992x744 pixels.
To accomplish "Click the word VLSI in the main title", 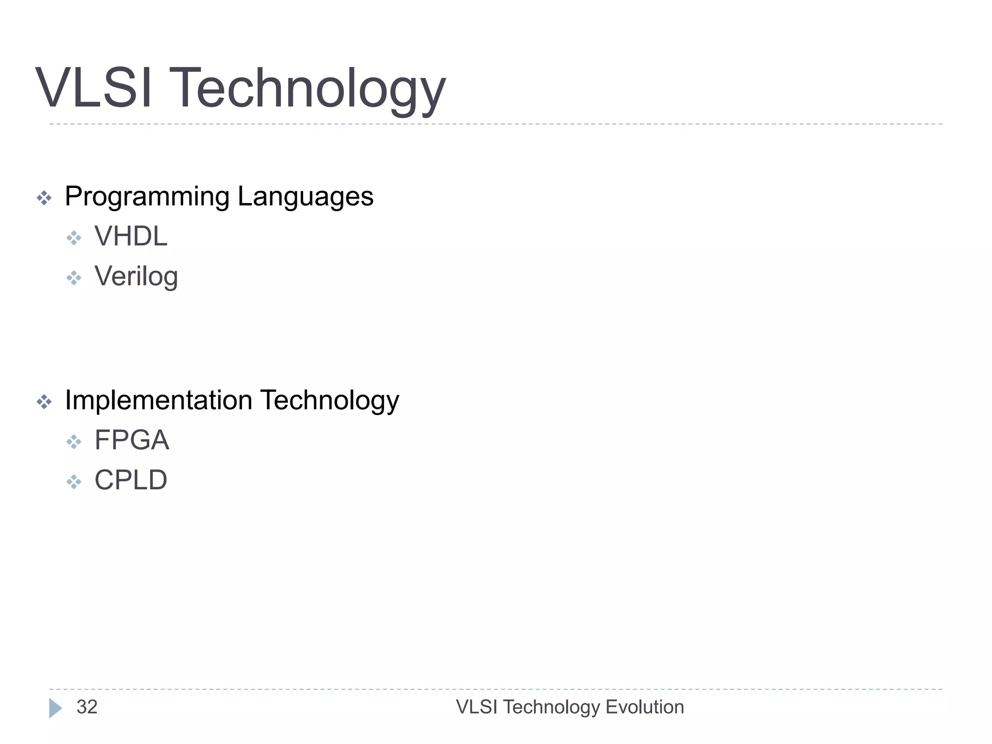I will (94, 88).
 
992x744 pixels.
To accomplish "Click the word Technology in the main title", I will (307, 90).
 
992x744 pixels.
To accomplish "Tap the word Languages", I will (306, 197).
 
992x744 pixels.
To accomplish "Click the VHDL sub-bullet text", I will (131, 236).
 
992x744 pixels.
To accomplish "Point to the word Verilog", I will (136, 277).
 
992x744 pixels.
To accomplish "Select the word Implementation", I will (158, 401).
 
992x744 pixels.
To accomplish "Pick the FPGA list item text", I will (132, 440).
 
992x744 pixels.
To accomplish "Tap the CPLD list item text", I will (131, 480).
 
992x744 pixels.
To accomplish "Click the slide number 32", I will (87, 707).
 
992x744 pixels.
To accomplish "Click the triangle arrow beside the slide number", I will (55, 708).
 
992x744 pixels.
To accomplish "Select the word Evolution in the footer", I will (645, 707).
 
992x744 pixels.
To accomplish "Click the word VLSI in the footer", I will (477, 707).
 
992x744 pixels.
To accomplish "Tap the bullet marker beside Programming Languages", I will (44, 198).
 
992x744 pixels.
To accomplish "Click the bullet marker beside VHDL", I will (74, 238).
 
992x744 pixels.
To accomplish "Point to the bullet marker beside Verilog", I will (74, 278).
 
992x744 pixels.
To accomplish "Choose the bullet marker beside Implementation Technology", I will (44, 402).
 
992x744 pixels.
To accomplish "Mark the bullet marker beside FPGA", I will (74, 442).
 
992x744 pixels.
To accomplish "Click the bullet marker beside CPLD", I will (74, 482).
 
